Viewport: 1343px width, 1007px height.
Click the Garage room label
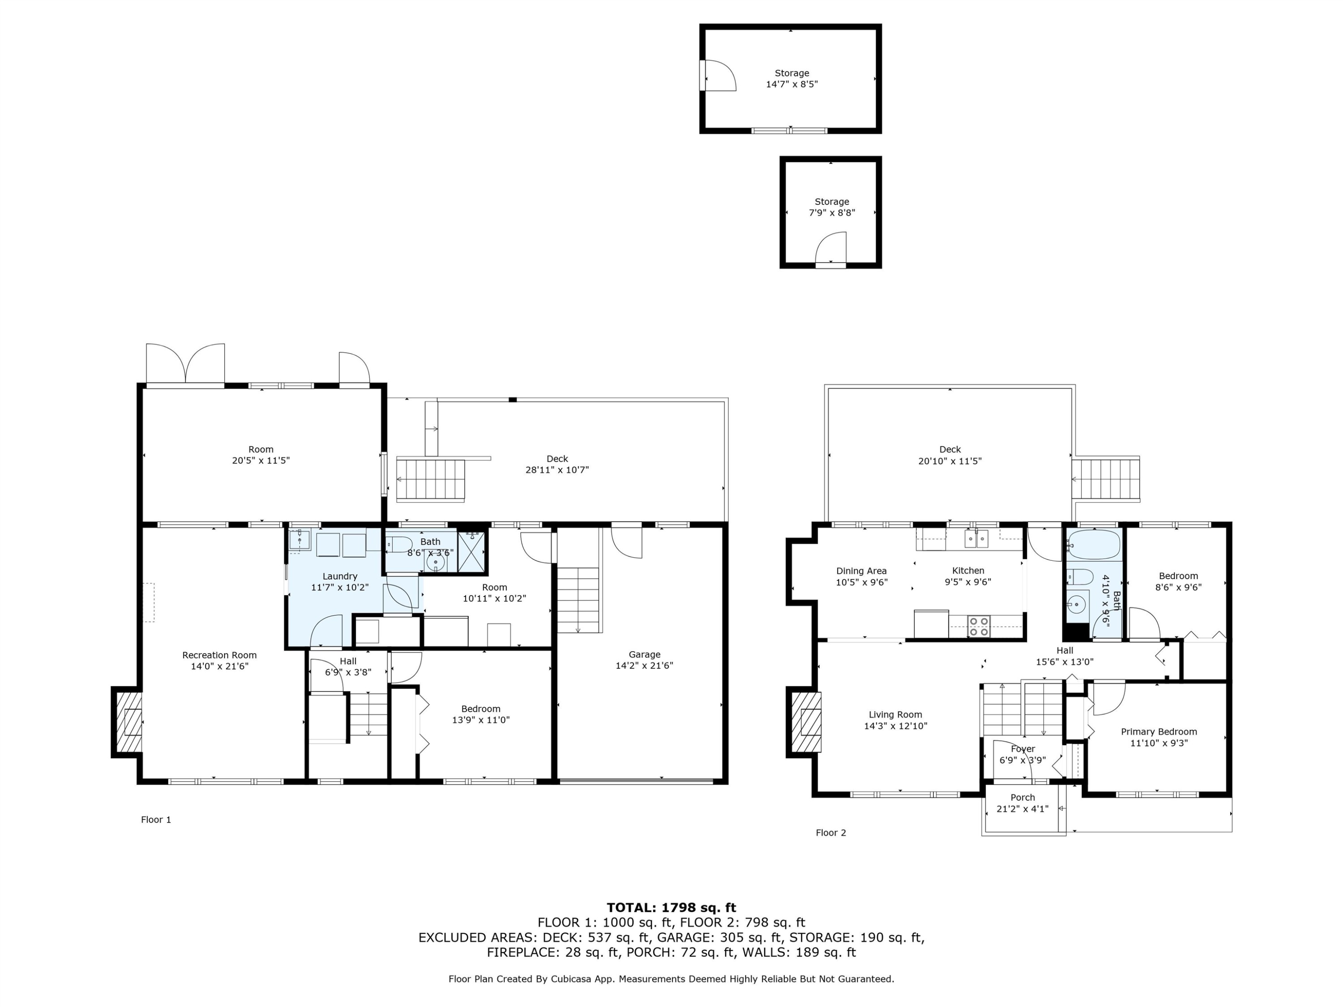[x=644, y=654]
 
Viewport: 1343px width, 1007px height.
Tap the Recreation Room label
[x=219, y=655]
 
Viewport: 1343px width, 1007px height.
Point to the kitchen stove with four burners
[x=978, y=626]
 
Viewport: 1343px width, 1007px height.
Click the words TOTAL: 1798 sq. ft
[x=671, y=908]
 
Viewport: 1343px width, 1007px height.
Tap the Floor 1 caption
[x=156, y=819]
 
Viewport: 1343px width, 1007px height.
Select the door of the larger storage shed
[x=718, y=75]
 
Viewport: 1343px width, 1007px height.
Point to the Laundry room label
[x=339, y=576]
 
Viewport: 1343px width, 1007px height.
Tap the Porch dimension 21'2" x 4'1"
[x=1022, y=809]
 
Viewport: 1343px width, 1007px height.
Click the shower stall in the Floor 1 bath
[x=472, y=551]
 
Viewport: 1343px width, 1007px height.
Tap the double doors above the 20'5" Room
[x=185, y=365]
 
